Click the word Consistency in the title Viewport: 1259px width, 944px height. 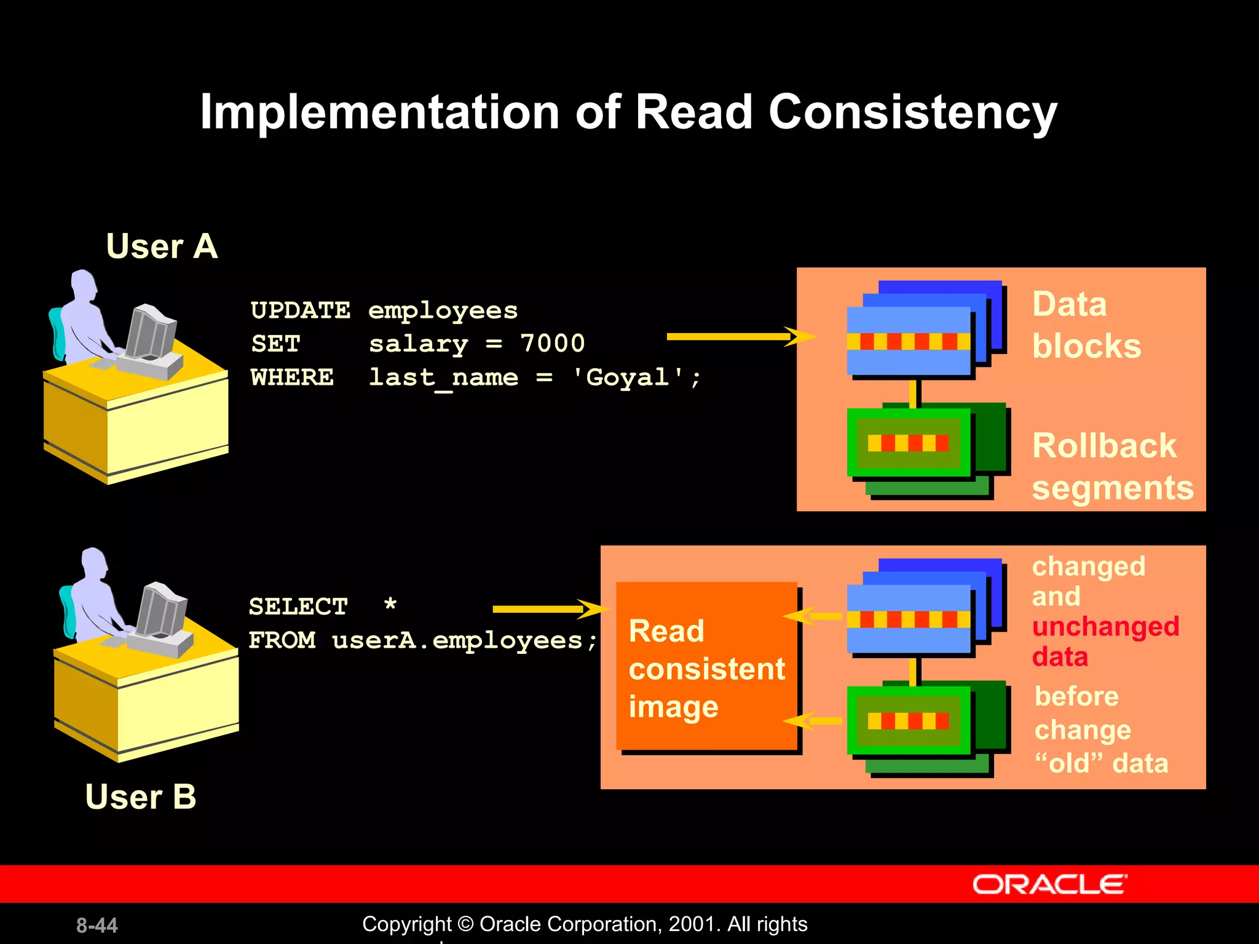pos(912,112)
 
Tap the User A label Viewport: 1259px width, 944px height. pos(162,246)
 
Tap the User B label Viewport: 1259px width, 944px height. pos(141,796)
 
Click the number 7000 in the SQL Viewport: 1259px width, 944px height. pos(552,344)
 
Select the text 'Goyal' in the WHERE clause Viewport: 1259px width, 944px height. pos(628,377)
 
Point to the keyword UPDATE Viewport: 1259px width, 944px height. pos(300,310)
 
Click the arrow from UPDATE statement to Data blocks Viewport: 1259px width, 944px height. pos(738,336)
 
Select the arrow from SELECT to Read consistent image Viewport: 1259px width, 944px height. pos(547,609)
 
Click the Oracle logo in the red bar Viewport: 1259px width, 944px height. pos(1049,884)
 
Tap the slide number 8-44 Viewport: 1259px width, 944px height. pos(97,925)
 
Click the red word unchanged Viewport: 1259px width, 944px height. pos(1105,627)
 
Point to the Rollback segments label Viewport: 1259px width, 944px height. pos(1111,466)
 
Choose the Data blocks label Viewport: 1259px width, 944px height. pos(1086,325)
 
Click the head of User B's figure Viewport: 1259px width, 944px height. pos(94,562)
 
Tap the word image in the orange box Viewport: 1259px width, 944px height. pos(673,707)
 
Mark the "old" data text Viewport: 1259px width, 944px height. pos(1101,763)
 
